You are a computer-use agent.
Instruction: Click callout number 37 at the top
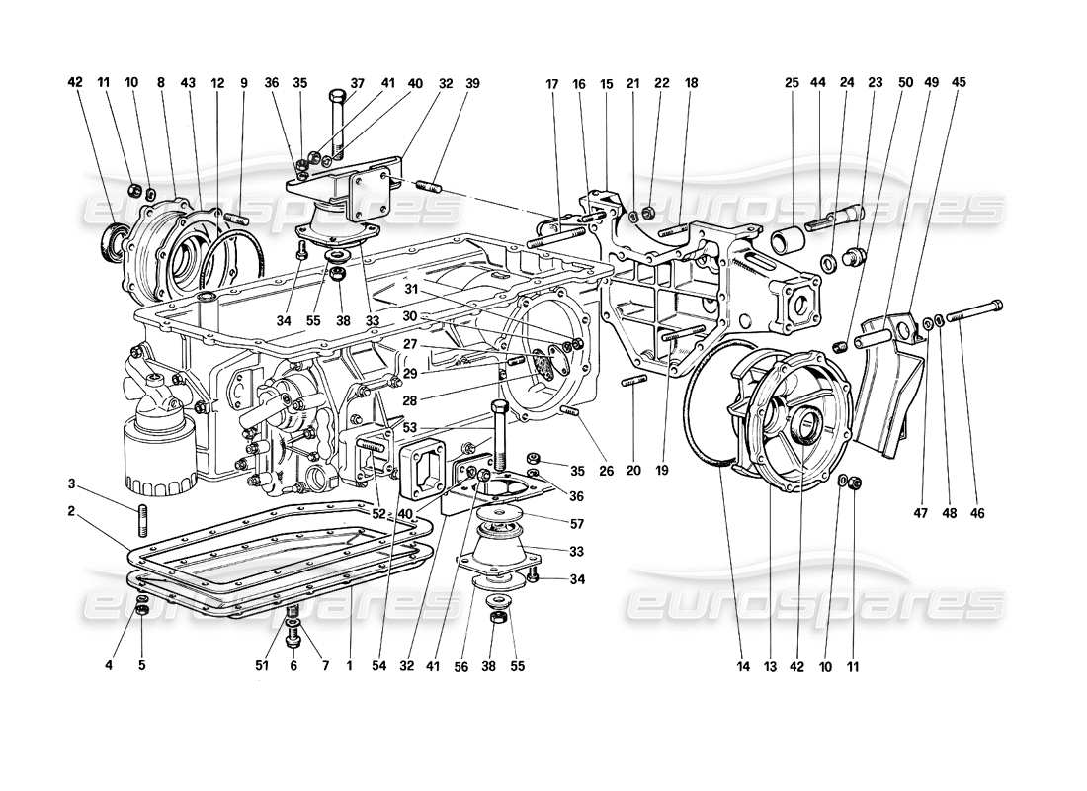click(x=358, y=84)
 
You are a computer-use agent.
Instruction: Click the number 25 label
click(x=793, y=84)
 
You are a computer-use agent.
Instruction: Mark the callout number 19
click(x=662, y=472)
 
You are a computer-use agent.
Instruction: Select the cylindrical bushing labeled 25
click(x=790, y=240)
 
